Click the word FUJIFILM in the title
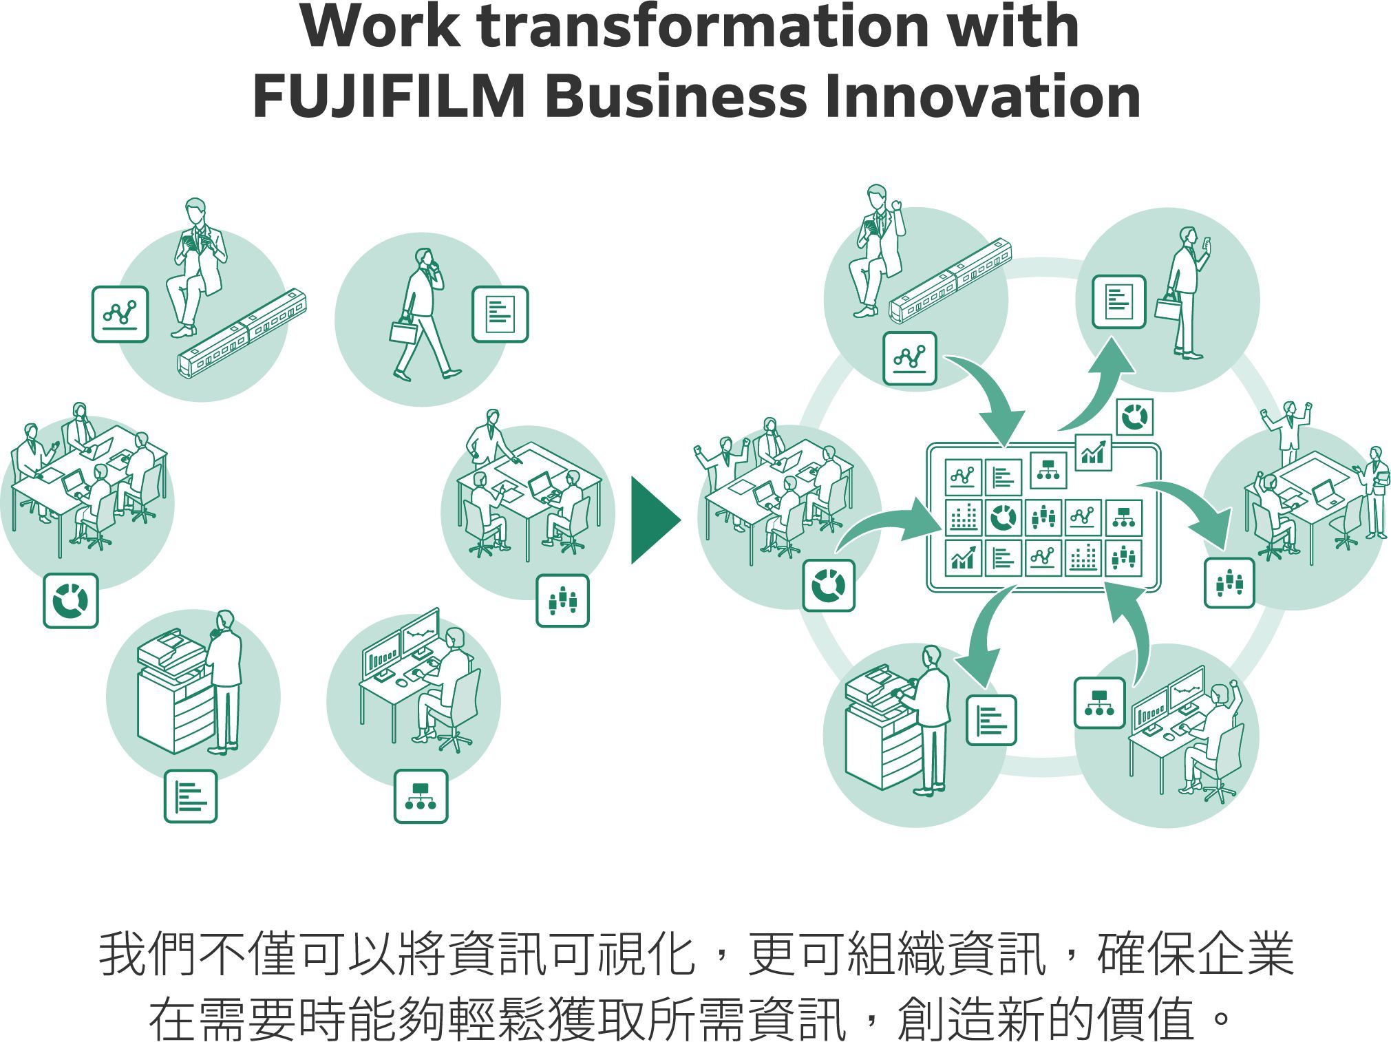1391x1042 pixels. point(389,96)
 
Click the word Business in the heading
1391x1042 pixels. point(675,96)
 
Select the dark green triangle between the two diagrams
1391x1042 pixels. point(654,520)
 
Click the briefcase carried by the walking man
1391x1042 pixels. point(403,330)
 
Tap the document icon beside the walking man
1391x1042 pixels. point(500,315)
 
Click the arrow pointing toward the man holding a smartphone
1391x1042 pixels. point(1101,385)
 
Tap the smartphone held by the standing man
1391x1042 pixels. point(1207,244)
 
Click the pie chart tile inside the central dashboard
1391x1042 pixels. point(1002,518)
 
